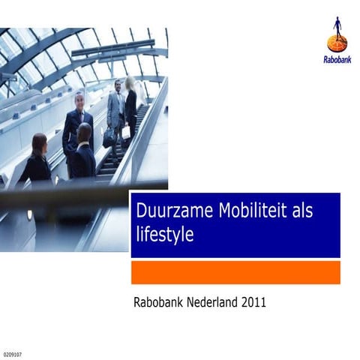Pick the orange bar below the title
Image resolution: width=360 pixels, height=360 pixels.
point(235,272)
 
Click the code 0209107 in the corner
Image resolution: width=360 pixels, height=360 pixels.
point(13,352)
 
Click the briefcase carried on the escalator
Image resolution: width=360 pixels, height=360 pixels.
point(109,136)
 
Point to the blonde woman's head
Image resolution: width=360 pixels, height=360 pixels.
point(130,82)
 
